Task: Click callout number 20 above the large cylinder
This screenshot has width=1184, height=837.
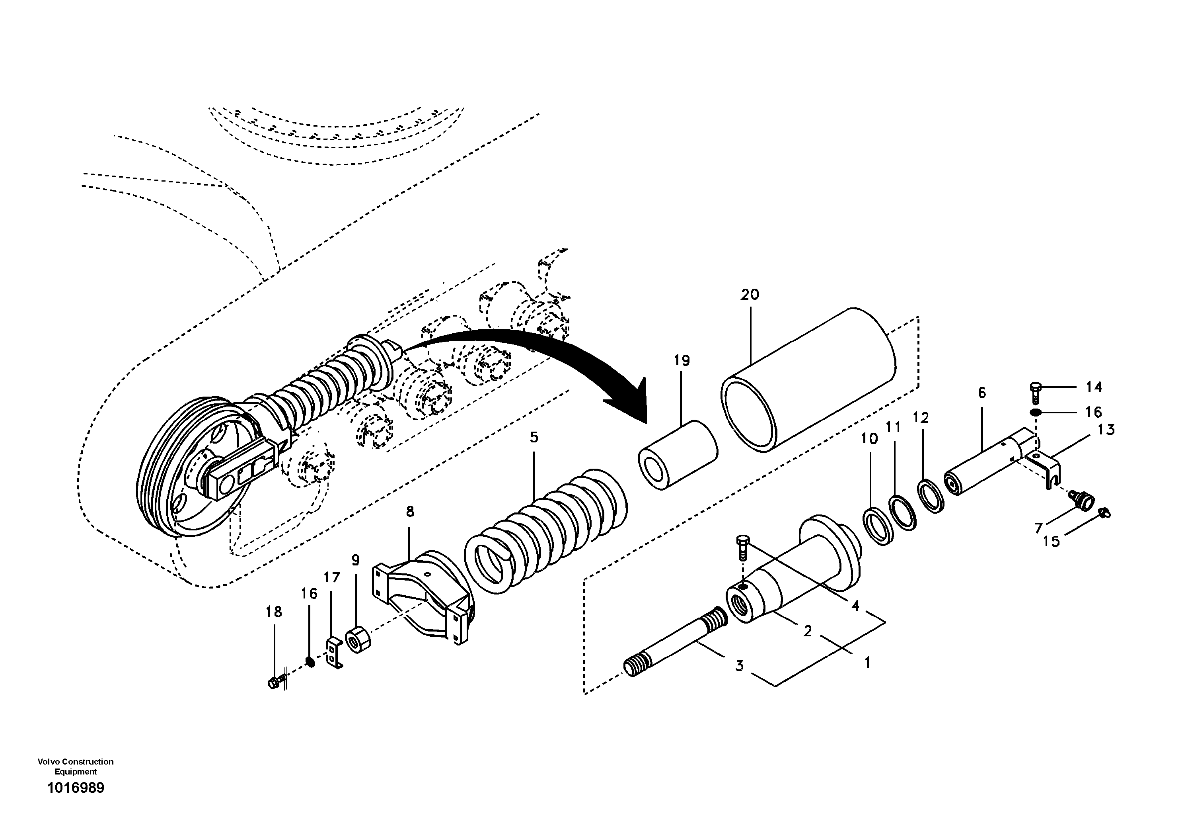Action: (750, 295)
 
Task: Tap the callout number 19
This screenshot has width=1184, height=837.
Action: (682, 361)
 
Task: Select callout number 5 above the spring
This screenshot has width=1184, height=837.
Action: (534, 438)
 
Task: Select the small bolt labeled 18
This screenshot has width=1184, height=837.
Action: (274, 683)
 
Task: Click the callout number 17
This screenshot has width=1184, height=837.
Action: (332, 577)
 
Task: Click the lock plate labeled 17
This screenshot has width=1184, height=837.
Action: (334, 653)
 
